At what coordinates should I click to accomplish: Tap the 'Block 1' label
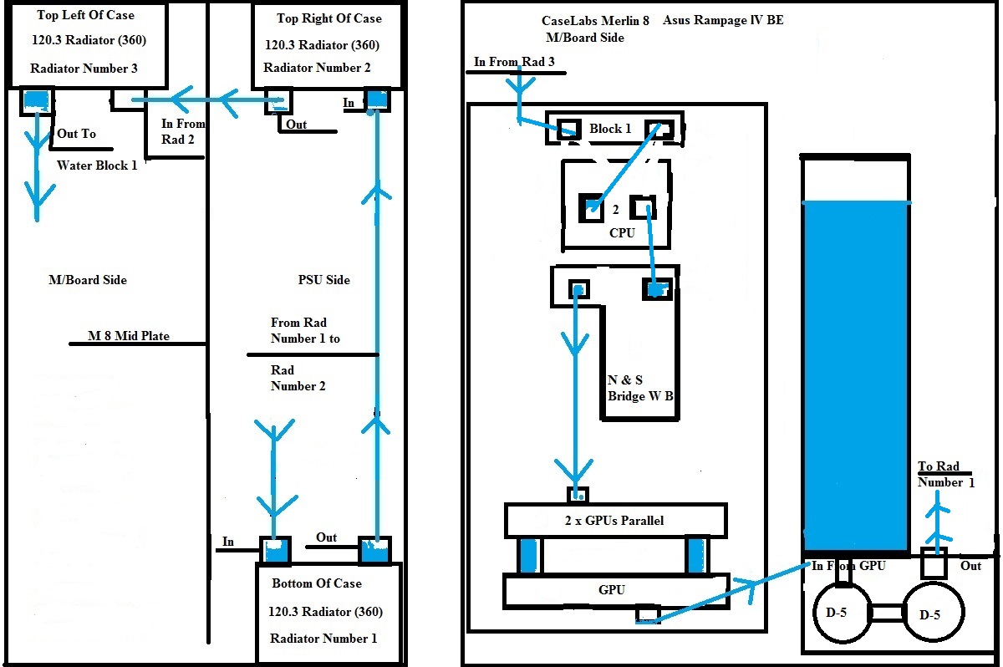[610, 129]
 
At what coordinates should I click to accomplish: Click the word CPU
[622, 233]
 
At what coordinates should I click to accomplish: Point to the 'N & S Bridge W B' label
[640, 388]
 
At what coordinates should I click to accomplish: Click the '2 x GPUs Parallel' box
[615, 521]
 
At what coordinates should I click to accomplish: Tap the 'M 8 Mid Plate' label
[129, 336]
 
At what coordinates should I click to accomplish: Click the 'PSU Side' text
[323, 279]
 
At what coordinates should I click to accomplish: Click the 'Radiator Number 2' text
[317, 68]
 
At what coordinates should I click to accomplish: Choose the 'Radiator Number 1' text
[323, 639]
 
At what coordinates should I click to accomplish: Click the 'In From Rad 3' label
[514, 62]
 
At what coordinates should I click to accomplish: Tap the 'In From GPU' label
[848, 566]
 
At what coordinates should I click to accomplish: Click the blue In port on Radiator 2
[378, 99]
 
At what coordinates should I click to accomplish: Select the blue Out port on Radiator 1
[374, 550]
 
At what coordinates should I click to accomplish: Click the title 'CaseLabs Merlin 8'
[596, 20]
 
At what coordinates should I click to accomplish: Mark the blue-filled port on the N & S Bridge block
[656, 289]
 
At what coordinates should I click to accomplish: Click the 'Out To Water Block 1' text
[96, 149]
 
